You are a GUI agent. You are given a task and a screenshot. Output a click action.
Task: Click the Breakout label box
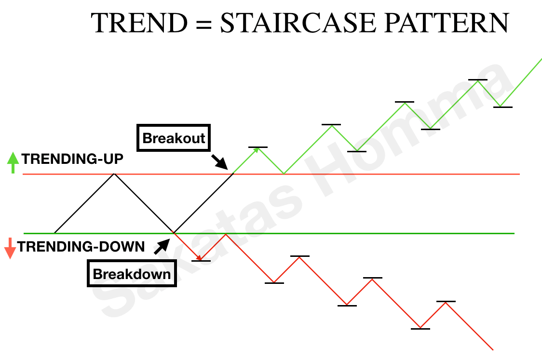(x=174, y=139)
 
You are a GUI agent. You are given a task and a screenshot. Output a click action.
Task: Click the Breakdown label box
(x=132, y=274)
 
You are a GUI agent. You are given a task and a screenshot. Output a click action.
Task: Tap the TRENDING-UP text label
(x=72, y=159)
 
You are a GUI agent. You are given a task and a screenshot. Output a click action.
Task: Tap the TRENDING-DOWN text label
(x=81, y=247)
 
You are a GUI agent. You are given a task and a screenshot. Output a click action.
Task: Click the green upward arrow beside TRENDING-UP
(x=13, y=162)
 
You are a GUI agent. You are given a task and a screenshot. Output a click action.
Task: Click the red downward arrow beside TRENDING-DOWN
(x=10, y=248)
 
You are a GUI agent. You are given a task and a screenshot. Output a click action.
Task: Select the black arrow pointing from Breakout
(x=220, y=162)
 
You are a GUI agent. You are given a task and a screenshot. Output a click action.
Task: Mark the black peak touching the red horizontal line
(x=114, y=174)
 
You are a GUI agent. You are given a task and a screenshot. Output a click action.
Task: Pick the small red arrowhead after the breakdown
(x=200, y=259)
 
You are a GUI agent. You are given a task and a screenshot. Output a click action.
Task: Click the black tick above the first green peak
(x=258, y=147)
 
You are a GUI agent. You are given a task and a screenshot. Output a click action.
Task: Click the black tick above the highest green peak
(x=477, y=80)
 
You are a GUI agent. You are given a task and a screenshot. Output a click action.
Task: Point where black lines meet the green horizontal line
(x=174, y=233)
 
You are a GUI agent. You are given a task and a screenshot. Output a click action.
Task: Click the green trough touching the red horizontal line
(x=284, y=173)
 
